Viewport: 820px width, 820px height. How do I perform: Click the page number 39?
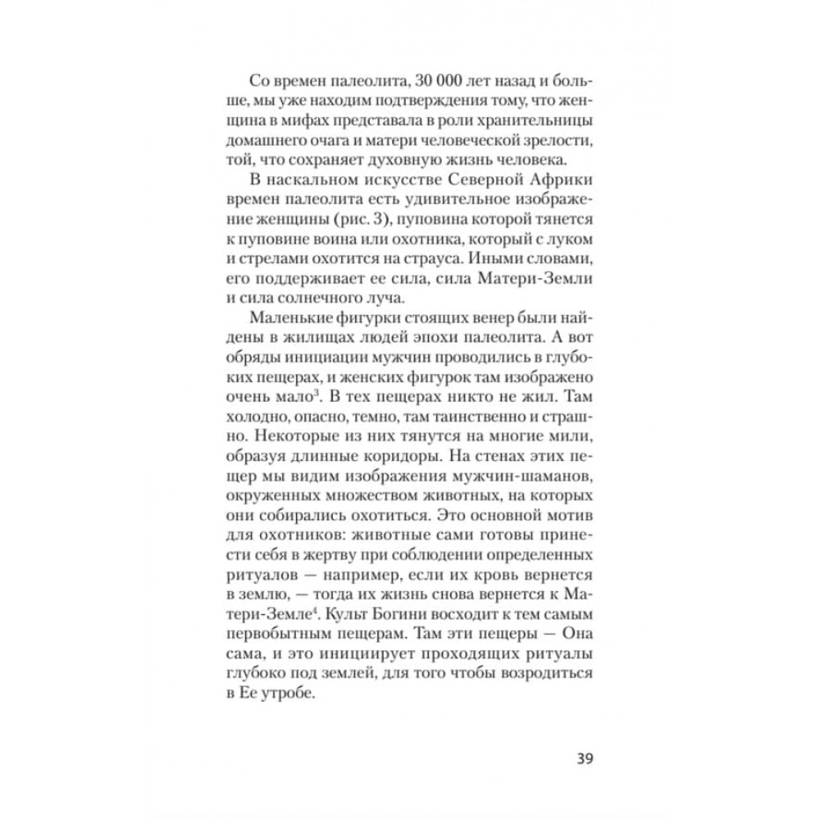pos(581,757)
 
